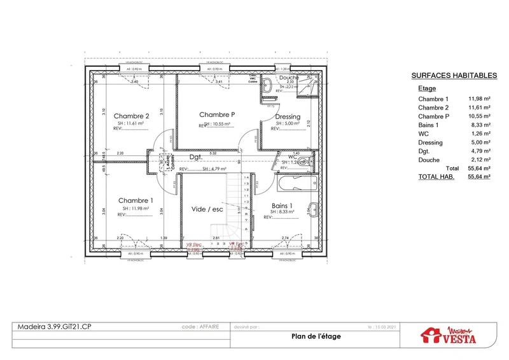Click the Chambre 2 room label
tap(132, 116)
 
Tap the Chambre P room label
tap(217, 114)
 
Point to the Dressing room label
tap(288, 116)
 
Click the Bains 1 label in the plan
tap(282, 206)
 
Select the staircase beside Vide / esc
tap(237, 210)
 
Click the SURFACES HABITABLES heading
tap(454, 75)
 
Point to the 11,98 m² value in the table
tap(480, 99)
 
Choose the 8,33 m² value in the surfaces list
tap(480, 125)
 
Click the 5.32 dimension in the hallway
tap(213, 153)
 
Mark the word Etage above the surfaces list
tap(427, 88)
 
